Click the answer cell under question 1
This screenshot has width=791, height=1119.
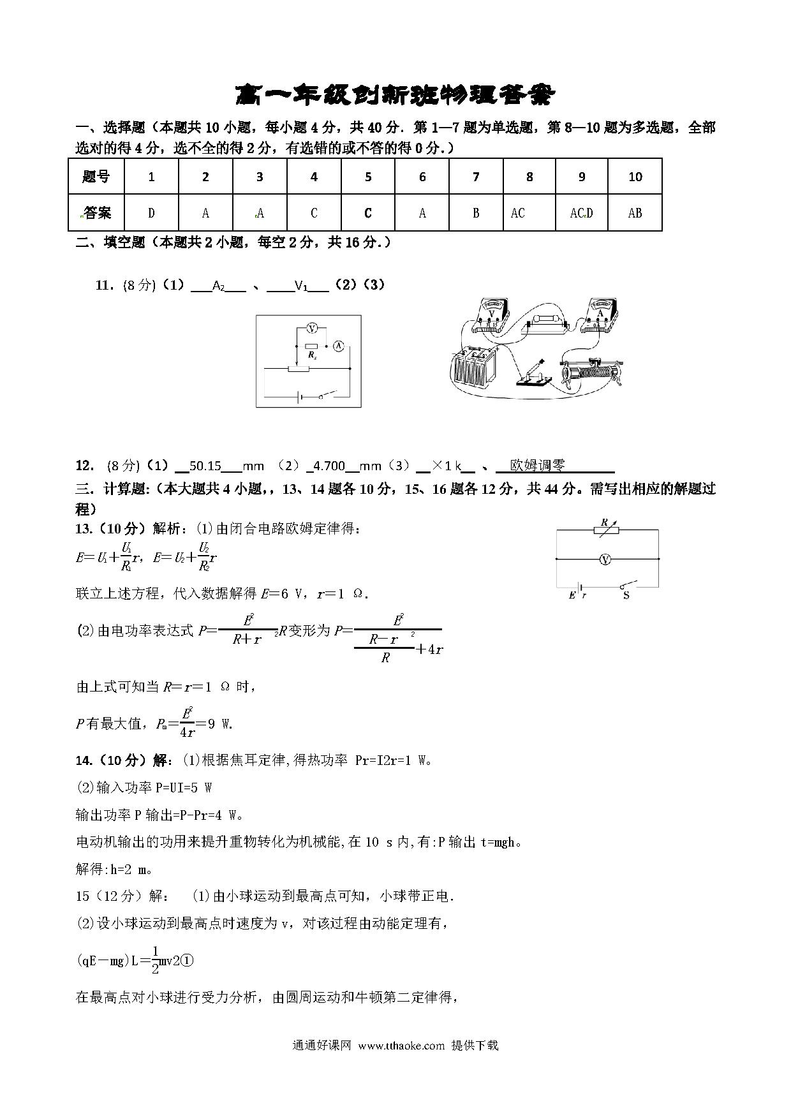[x=151, y=213]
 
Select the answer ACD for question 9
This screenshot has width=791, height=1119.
[x=581, y=213]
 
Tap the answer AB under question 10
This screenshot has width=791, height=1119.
[x=635, y=213]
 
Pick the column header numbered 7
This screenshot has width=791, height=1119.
[x=476, y=177]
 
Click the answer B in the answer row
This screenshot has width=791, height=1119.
[x=476, y=213]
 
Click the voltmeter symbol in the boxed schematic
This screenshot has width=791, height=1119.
[x=312, y=329]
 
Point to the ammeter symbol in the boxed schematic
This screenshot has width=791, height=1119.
[x=339, y=346]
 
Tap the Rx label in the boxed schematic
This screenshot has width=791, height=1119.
[x=312, y=355]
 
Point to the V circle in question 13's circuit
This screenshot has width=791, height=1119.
[x=606, y=559]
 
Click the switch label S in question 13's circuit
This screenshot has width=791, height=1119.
[x=626, y=596]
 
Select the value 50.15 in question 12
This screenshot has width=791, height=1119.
[x=205, y=466]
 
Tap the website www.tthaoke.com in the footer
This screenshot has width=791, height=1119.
[x=401, y=1046]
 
